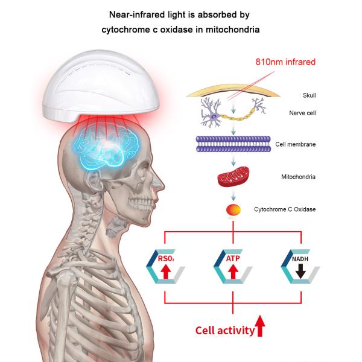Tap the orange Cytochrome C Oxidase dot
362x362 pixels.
(x=233, y=209)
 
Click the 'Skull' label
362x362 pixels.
(x=309, y=95)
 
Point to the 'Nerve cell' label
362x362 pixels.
(x=313, y=112)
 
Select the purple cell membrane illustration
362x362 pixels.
(x=233, y=145)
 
